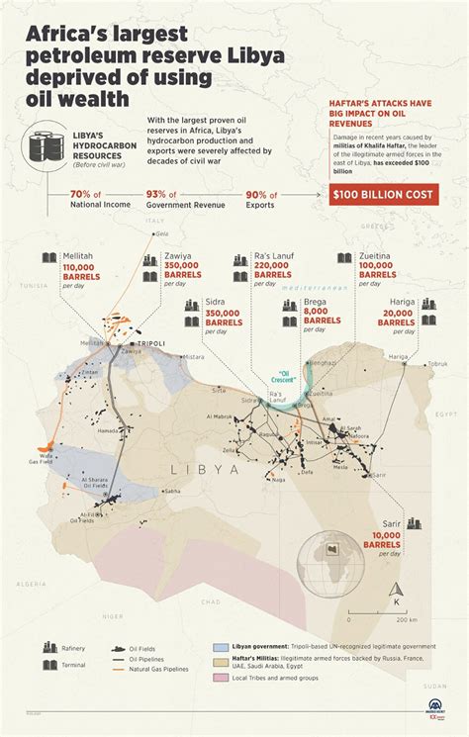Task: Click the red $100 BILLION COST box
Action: [x=382, y=195]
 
